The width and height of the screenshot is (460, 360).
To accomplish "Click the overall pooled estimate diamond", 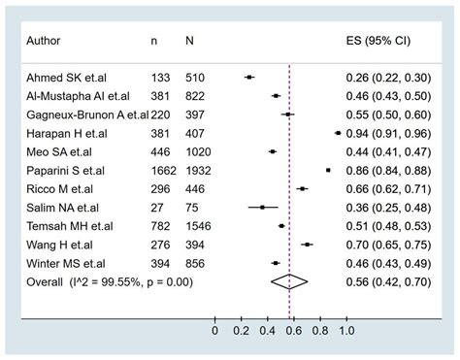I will coord(289,281).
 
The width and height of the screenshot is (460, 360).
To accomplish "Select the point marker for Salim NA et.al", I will coord(262,207).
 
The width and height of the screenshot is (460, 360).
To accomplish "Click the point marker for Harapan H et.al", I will coord(337,133).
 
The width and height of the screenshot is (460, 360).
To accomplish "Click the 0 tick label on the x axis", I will coord(214,331).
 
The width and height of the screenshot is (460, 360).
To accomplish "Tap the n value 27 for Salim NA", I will coord(157,207).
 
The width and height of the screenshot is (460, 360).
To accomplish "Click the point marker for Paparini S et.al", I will coord(328,170).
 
